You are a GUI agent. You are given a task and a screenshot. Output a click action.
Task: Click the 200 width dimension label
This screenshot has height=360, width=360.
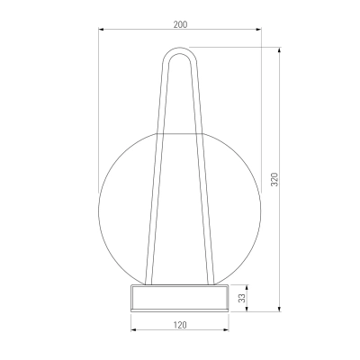click(x=180, y=24)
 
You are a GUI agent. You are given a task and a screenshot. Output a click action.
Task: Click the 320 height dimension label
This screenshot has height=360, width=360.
click(x=274, y=179)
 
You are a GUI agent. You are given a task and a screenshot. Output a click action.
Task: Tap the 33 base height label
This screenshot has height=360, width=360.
click(x=242, y=298)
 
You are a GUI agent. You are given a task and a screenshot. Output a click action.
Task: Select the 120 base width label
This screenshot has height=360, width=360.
click(x=180, y=325)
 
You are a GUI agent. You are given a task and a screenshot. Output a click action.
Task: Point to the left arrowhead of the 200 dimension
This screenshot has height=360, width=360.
click(x=102, y=29)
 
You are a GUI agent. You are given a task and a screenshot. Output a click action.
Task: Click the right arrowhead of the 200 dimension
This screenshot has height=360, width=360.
click(x=258, y=29)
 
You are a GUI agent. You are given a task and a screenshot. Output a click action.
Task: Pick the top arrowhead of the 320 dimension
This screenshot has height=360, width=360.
click(x=280, y=49)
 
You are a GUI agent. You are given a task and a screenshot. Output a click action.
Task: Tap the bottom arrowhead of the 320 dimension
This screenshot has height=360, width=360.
click(x=280, y=309)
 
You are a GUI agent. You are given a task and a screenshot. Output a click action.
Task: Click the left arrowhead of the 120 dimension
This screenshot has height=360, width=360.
click(x=134, y=330)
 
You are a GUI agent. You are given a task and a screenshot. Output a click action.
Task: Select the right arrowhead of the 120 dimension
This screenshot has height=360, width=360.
click(x=226, y=330)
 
